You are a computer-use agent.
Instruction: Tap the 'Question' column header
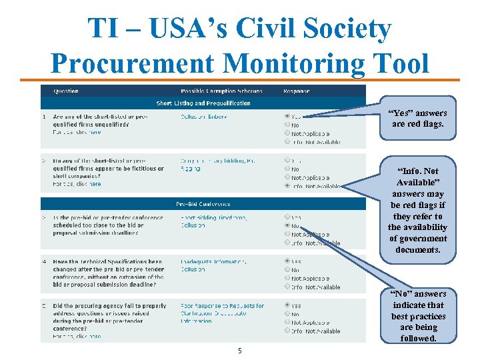pos(66,91)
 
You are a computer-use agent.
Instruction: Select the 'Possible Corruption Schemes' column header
pos(221,91)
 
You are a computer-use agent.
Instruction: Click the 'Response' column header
pos(296,91)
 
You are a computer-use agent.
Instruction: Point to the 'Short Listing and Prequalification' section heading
pos(203,103)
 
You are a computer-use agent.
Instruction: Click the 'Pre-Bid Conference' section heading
pos(203,204)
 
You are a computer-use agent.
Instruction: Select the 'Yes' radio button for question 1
pos(287,116)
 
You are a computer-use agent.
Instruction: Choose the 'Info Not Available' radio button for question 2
pos(287,187)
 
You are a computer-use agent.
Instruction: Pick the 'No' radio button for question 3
pos(287,226)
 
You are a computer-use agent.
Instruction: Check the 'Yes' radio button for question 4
pos(287,261)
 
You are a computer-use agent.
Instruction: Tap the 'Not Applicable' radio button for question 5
pos(287,323)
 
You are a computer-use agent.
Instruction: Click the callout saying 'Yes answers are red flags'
pos(418,119)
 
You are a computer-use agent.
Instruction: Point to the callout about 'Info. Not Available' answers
pos(418,209)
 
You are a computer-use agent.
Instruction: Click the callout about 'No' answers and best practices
pos(418,315)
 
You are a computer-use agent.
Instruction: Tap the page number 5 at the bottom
pos(239,351)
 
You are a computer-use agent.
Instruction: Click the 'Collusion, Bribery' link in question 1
pos(204,117)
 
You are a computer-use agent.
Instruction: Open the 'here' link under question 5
pos(95,337)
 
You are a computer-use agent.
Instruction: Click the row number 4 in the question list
pos(45,262)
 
